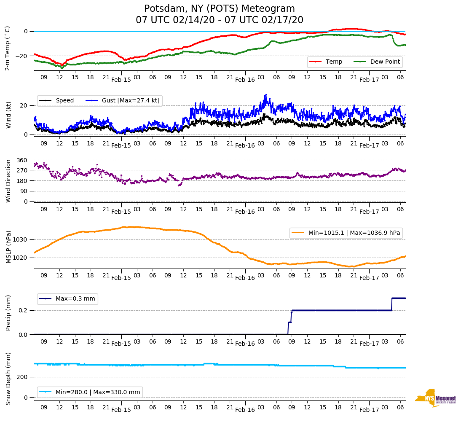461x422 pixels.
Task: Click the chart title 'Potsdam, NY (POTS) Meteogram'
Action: pyautogui.click(x=220, y=9)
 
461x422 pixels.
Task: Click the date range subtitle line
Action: pyautogui.click(x=220, y=20)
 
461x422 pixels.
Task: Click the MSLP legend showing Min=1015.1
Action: pyautogui.click(x=346, y=233)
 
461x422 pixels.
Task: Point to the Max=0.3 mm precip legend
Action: pyautogui.click(x=67, y=299)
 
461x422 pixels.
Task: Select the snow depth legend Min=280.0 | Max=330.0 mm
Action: pyautogui.click(x=90, y=392)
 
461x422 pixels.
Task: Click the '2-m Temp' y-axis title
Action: pyautogui.click(x=8, y=48)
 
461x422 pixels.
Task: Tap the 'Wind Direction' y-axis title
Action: pyautogui.click(x=8, y=180)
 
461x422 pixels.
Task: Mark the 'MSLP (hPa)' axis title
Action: pyautogui.click(x=8, y=247)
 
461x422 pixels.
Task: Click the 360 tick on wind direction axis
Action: pyautogui.click(x=22, y=160)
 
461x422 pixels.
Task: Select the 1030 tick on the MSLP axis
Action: pyautogui.click(x=21, y=239)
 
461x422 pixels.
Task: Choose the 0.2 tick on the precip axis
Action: pyautogui.click(x=23, y=310)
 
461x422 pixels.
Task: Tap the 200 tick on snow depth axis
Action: pyautogui.click(x=22, y=377)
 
